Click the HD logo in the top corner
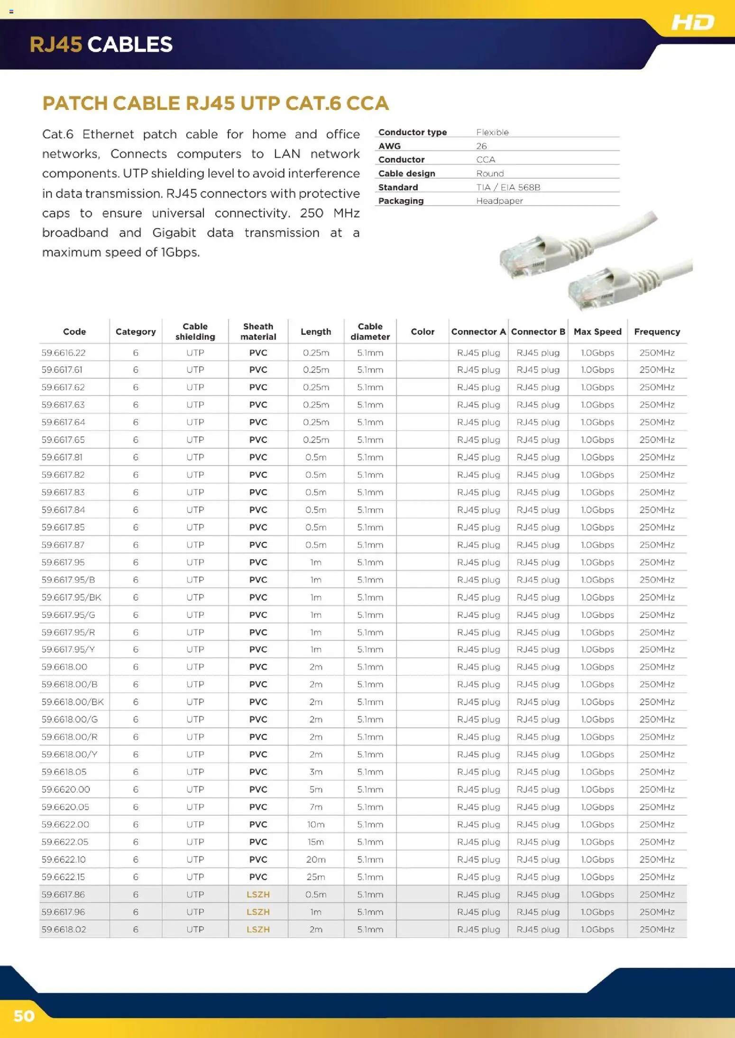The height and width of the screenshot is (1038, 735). [692, 22]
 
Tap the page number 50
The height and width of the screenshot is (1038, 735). [24, 1016]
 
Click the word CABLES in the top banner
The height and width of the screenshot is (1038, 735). [130, 45]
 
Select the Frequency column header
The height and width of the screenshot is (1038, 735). [657, 332]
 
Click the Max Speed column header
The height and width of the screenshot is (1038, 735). [597, 332]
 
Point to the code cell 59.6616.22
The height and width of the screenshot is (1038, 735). [64, 353]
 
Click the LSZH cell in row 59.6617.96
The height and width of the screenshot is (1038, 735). [258, 912]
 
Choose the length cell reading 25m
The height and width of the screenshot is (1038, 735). [316, 877]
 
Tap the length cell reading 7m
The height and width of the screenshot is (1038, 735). [316, 807]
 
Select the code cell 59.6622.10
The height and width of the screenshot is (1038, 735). [64, 859]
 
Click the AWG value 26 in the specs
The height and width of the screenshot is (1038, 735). [481, 146]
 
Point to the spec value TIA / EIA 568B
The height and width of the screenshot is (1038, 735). [508, 187]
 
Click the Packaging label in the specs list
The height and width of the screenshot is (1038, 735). [401, 201]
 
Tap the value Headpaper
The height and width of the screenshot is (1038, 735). [499, 201]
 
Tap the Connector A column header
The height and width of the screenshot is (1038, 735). [478, 332]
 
